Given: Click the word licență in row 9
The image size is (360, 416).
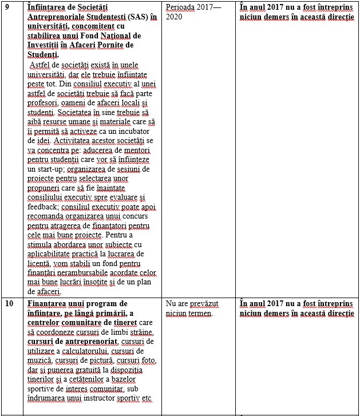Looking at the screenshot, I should (x=42, y=263).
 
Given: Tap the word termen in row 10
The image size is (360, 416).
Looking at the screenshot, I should (x=198, y=313).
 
